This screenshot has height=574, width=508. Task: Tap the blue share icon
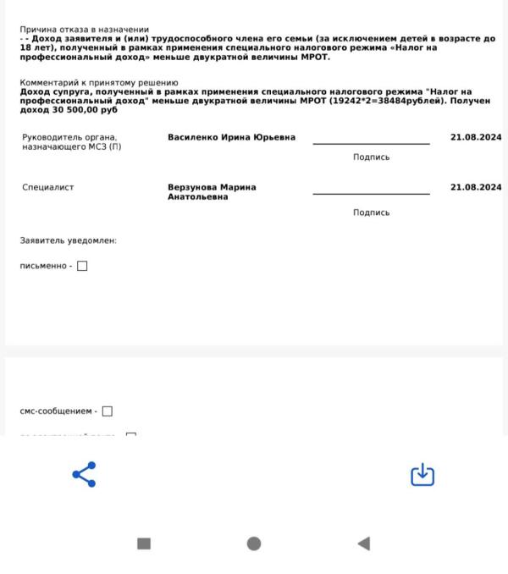85,474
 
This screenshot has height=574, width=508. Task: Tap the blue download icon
422,475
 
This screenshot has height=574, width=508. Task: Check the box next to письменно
82,266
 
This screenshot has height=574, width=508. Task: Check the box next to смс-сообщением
108,411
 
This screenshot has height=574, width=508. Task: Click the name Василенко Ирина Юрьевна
231,137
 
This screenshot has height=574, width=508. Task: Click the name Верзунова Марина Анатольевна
212,192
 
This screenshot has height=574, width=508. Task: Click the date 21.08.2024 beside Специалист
476,187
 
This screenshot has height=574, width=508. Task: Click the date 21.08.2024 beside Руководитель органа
476,137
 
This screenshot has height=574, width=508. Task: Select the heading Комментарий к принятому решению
99,82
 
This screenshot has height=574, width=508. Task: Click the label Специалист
47,187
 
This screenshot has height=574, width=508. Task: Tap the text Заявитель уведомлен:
68,240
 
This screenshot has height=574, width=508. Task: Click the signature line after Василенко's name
371,143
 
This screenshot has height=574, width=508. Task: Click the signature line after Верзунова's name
371,194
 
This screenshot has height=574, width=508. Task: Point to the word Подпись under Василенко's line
371,157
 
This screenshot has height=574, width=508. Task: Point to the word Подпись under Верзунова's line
371,212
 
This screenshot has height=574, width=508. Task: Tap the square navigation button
144,544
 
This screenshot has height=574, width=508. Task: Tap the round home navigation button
254,544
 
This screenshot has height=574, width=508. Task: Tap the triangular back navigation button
363,544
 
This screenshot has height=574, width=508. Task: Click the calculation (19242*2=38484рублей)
393,100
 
